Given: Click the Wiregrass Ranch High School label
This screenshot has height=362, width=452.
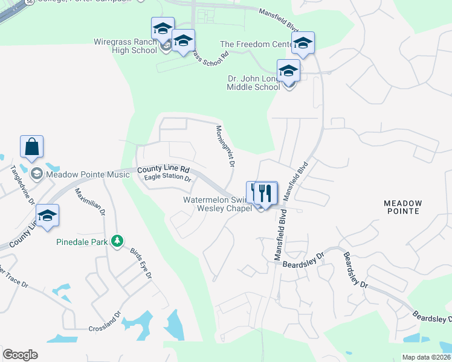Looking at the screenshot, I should click(125, 46).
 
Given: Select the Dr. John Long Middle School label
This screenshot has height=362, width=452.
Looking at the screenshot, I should click(253, 83).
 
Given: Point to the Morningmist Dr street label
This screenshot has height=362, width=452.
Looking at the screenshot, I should click(224, 145).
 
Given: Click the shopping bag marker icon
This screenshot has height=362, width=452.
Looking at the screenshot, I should click(31, 147).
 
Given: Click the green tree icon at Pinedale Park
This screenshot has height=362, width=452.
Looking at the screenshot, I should click(117, 241).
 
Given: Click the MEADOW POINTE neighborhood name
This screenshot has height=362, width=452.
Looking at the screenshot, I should click(410, 208).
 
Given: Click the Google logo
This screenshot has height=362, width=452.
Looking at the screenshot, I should click(20, 355).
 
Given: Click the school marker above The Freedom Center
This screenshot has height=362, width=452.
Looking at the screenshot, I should click(303, 42).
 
